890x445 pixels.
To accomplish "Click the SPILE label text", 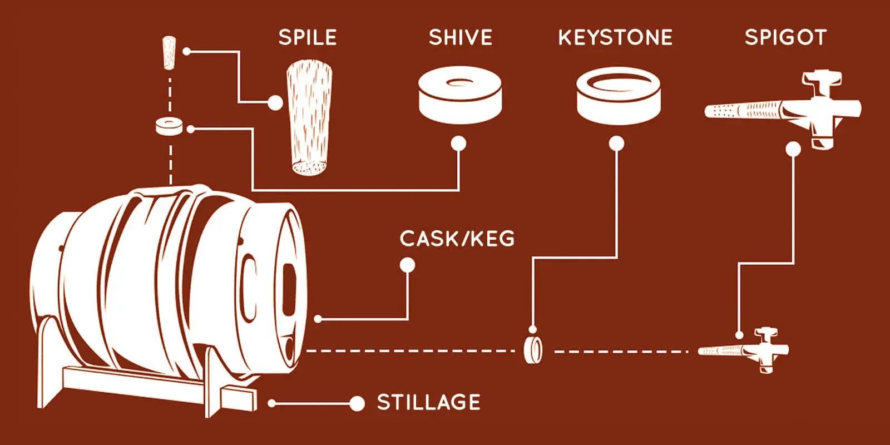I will (308, 37).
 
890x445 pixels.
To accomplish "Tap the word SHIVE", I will (460, 37).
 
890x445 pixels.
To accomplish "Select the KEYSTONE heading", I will (615, 37).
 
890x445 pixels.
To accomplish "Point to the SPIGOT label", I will (785, 37).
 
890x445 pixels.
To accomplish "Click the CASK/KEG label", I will (457, 239).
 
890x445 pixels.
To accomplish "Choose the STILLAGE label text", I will (428, 402).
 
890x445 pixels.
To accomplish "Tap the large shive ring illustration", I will (459, 99).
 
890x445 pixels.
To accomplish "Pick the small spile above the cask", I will (167, 52).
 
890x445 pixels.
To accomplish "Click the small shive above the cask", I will (169, 126).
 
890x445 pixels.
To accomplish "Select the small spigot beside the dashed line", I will (745, 350).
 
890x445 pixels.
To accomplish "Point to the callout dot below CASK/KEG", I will (407, 265).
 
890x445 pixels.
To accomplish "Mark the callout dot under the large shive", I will (458, 144).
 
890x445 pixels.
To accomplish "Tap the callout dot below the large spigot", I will (793, 149).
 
